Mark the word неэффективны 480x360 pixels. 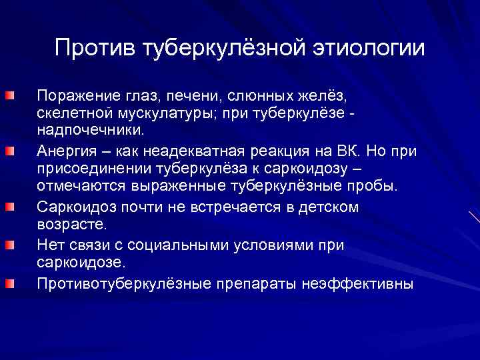pyautogui.click(x=357, y=284)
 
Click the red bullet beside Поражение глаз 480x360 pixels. pyautogui.click(x=8, y=97)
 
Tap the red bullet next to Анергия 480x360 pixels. pyautogui.click(x=8, y=151)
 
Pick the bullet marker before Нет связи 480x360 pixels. pyautogui.click(x=8, y=245)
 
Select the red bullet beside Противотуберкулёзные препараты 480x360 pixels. pyautogui.click(x=8, y=284)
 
